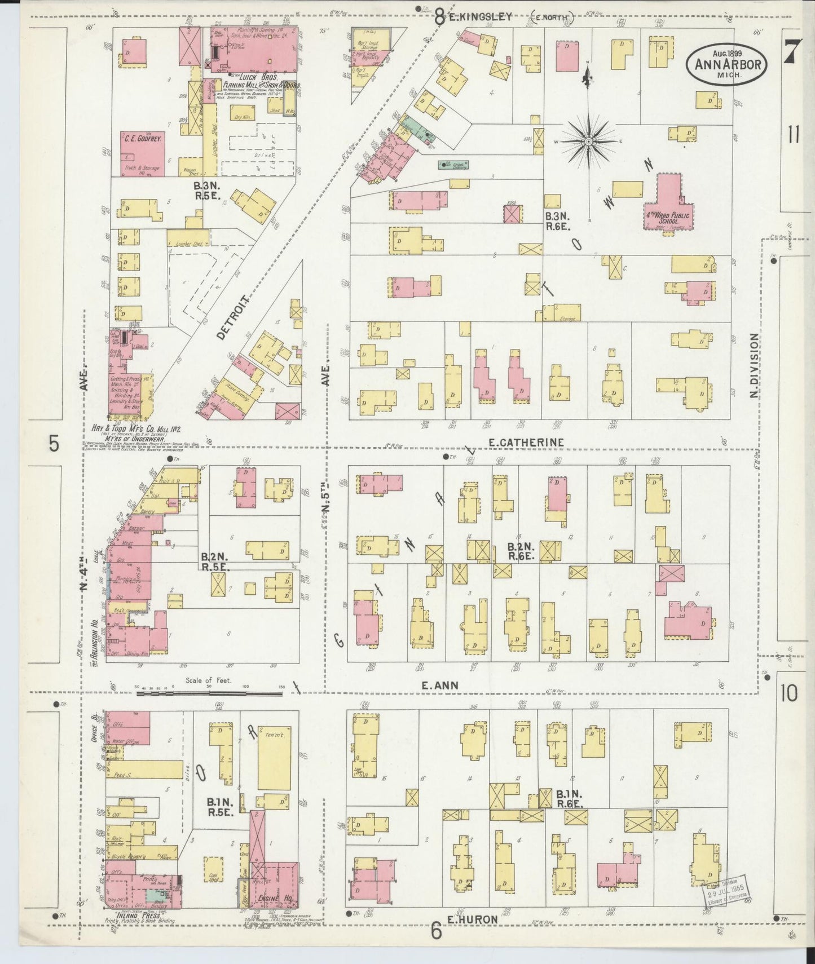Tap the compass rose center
coord(588,141)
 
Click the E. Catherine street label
coord(526,443)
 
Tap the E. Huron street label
coord(473,919)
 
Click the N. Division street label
coord(754,365)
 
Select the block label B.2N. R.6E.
coord(519,551)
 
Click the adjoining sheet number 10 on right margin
coord(790,694)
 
